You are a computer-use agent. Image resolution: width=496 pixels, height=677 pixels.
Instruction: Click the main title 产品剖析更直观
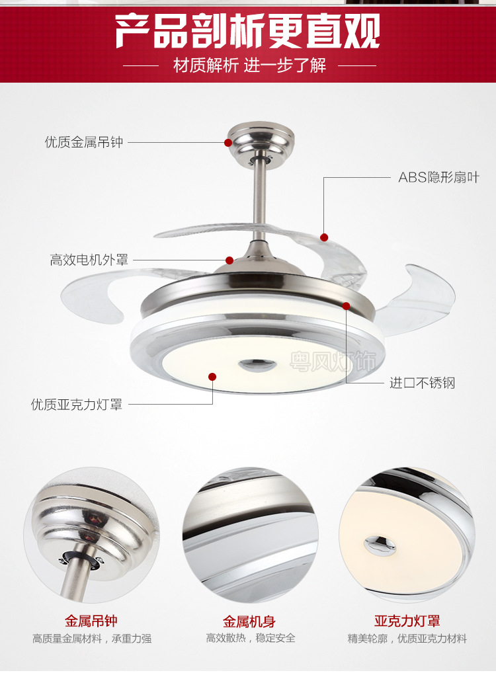click(x=247, y=30)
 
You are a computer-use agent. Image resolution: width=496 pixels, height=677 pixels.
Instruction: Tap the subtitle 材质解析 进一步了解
click(x=249, y=65)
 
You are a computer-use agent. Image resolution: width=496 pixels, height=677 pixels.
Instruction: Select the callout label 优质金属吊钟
click(x=84, y=142)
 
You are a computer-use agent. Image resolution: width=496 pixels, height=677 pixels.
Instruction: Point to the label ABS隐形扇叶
click(x=438, y=177)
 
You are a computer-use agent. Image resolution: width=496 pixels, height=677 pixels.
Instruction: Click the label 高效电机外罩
click(x=89, y=260)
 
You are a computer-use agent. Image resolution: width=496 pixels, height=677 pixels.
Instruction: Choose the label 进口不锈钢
click(x=422, y=383)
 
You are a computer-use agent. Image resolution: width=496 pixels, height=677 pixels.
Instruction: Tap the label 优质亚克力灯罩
click(x=77, y=405)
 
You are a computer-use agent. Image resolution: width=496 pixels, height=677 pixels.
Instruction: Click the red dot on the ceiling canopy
click(x=228, y=142)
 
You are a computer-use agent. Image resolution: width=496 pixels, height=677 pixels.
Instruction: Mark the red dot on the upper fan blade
click(x=324, y=237)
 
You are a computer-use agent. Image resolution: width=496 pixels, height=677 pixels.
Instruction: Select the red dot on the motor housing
click(x=229, y=260)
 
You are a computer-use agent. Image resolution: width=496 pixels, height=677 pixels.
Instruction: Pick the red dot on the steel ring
click(x=346, y=306)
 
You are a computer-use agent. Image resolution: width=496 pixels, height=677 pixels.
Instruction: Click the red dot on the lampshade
click(x=212, y=376)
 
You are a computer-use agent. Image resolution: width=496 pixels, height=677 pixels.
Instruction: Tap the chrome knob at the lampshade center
click(x=257, y=365)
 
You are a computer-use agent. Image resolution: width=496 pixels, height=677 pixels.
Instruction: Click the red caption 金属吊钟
click(x=91, y=621)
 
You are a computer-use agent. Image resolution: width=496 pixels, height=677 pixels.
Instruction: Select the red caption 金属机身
click(x=249, y=621)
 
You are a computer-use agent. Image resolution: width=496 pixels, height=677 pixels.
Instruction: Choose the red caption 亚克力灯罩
click(x=407, y=621)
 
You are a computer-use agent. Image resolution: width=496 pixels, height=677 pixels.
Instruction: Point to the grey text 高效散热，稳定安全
click(x=251, y=638)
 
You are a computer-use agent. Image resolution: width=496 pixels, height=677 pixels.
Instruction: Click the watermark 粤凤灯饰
click(x=332, y=361)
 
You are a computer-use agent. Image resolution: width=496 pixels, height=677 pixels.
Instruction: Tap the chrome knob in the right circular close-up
click(x=380, y=544)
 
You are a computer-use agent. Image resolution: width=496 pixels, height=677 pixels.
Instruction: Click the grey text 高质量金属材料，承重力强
click(x=92, y=639)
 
